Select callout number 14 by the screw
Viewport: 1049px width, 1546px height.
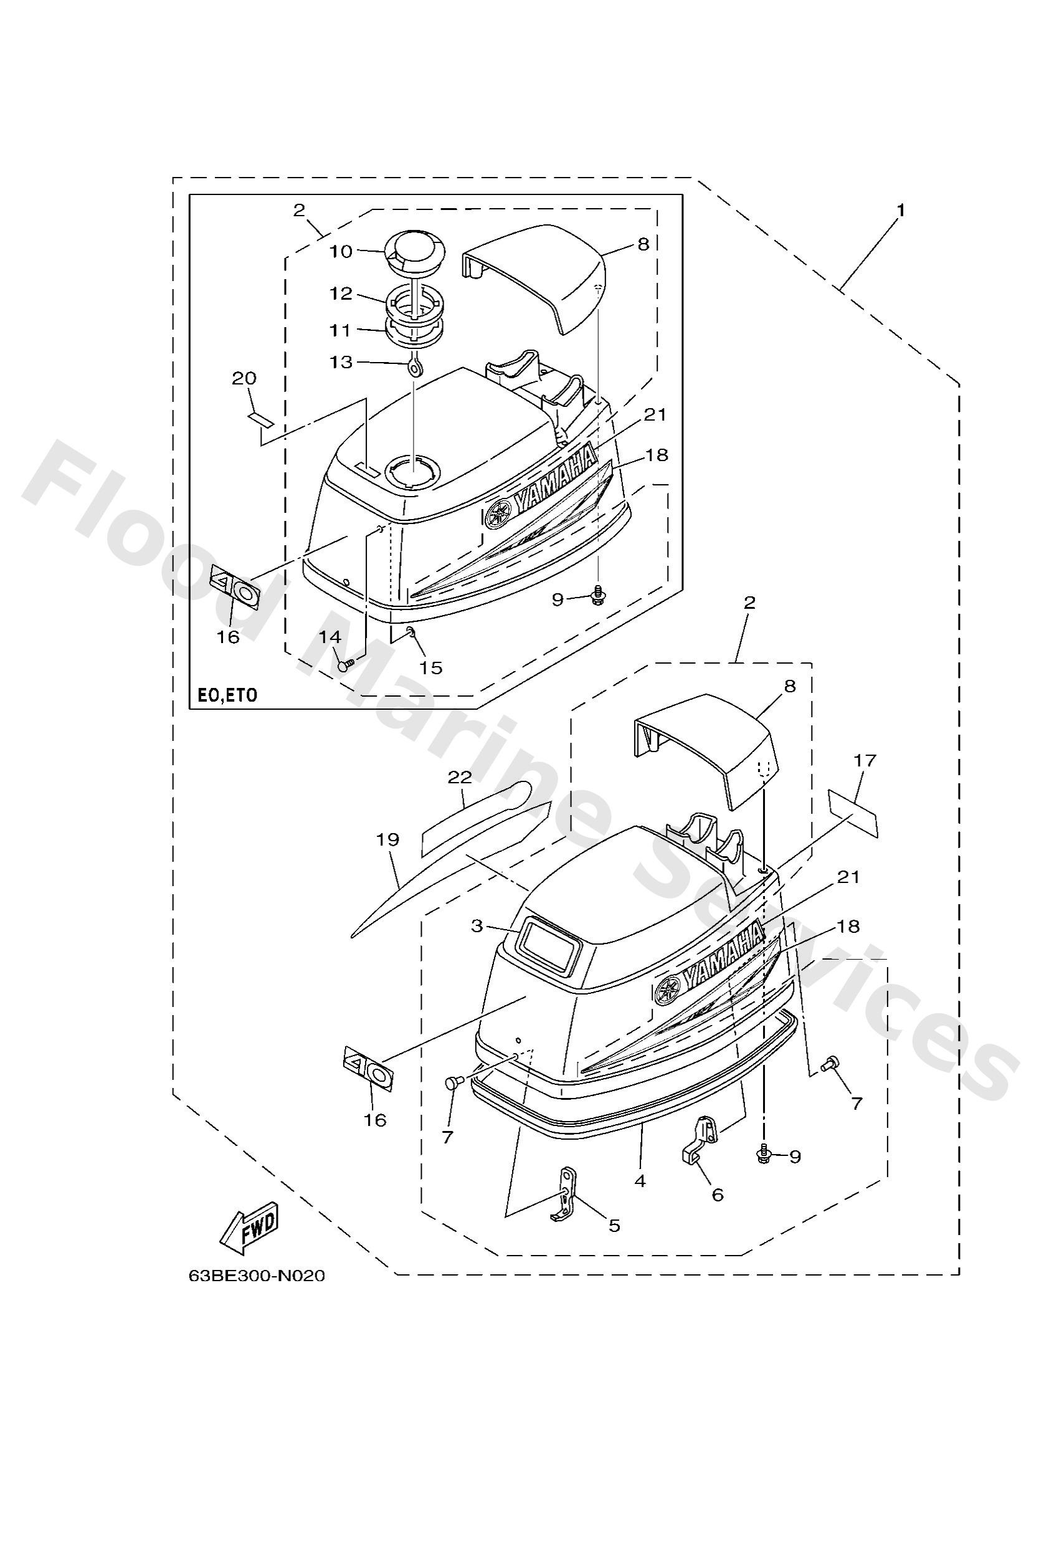pyautogui.click(x=330, y=637)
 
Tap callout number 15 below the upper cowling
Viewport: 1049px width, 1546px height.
pyautogui.click(x=431, y=667)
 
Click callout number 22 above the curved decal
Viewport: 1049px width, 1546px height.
pyautogui.click(x=460, y=777)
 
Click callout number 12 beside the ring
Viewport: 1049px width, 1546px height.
pyautogui.click(x=342, y=293)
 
